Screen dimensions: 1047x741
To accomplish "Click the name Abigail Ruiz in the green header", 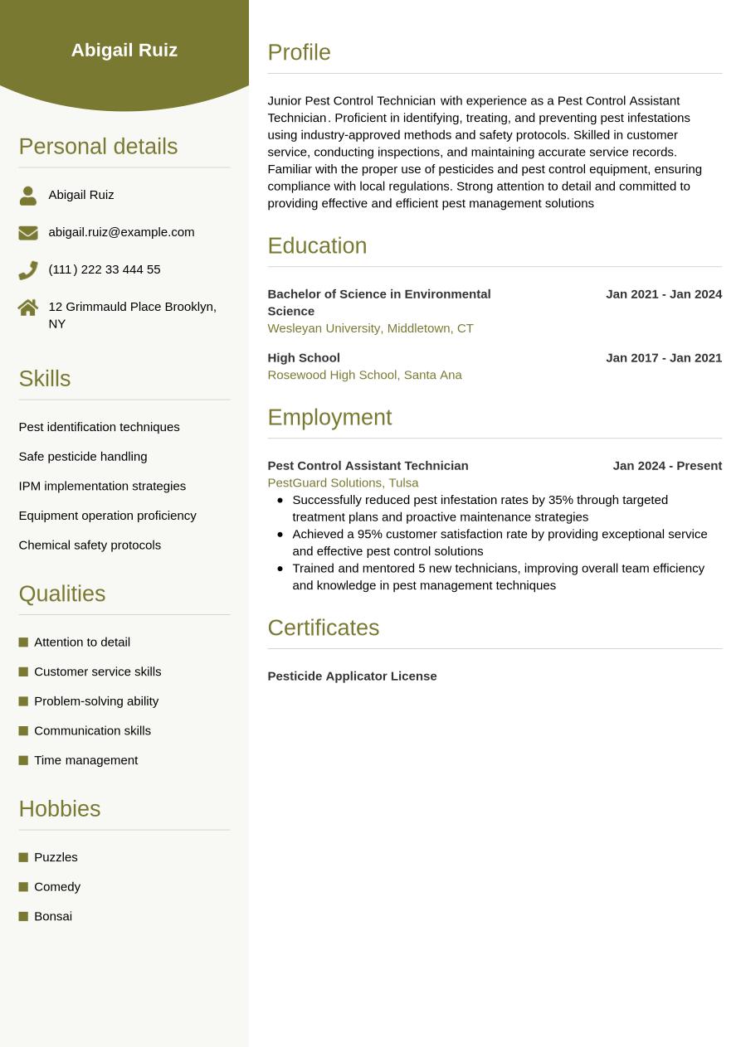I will (124, 50).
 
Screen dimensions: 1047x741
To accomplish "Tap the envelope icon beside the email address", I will (28, 233).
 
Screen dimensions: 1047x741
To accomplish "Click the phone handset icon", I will (28, 270).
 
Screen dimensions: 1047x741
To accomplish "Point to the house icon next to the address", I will (28, 308).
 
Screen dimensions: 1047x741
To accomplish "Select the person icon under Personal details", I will (28, 196).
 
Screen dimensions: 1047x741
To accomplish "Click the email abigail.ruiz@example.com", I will (121, 232).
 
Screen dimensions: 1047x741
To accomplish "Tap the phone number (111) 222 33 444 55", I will (105, 269).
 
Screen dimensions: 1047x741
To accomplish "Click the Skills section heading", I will (45, 379).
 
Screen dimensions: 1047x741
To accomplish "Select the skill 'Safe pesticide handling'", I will (83, 456).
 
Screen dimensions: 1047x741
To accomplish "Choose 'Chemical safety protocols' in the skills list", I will (90, 545).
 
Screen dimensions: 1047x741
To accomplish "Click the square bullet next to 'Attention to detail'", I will (23, 642).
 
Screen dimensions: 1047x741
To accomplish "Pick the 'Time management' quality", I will (86, 760).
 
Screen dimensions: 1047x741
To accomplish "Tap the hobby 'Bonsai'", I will (53, 916).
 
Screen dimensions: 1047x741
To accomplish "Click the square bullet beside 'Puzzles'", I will (23, 857).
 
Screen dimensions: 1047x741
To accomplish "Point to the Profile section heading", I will (299, 52).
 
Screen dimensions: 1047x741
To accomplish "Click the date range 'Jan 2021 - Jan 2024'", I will (664, 294).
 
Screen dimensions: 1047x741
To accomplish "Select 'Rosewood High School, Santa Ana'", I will (364, 375).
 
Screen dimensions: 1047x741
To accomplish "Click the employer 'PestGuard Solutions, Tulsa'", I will (343, 482).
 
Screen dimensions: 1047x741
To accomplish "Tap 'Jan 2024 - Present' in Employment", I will (667, 466).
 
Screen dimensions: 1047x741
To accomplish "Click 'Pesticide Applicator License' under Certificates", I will (352, 676).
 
